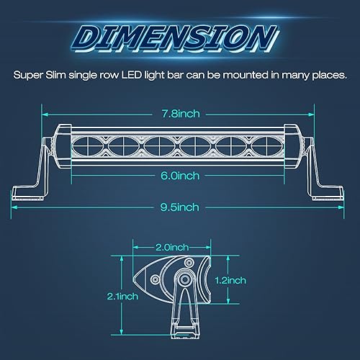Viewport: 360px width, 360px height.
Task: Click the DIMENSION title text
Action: pyautogui.click(x=177, y=36)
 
